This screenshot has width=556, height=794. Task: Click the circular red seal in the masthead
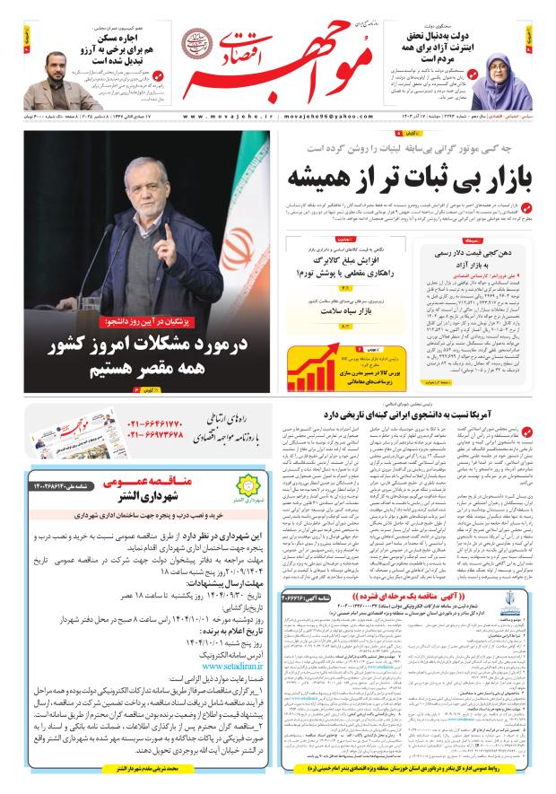201,42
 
